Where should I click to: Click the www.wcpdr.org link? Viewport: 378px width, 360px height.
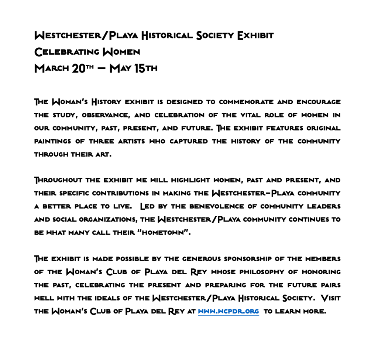[x=228, y=311]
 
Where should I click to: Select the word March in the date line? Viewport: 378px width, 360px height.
[x=51, y=69]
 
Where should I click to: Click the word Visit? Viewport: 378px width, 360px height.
[x=331, y=298]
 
